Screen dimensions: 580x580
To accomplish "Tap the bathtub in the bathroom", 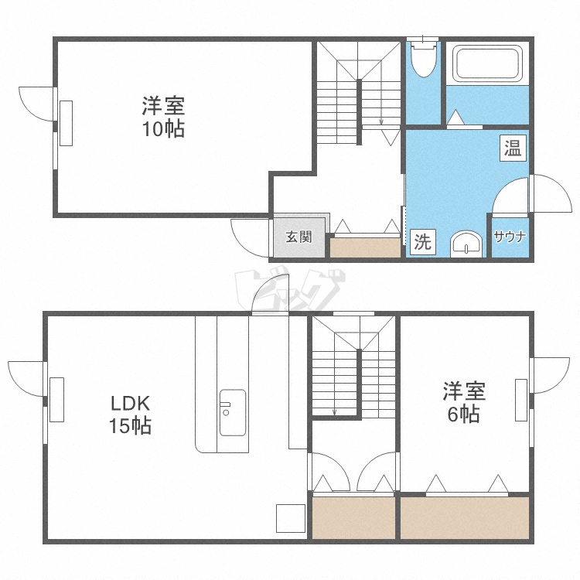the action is coord(488,63).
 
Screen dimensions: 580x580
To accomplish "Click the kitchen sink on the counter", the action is coord(232,412).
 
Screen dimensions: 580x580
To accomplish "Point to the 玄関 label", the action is coord(299,237).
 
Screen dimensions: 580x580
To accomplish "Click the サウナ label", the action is coord(510,237).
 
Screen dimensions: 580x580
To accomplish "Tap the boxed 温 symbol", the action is coord(513,148).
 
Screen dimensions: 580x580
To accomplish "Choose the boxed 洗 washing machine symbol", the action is coord(422,242).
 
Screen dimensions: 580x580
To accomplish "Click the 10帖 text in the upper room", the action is coord(163,129).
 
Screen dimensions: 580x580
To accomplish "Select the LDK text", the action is coord(131,404).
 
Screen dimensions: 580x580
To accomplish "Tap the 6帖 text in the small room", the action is coord(463,415).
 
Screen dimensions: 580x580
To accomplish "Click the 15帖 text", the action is coord(130,425).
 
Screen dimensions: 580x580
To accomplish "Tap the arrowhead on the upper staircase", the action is coord(381,121).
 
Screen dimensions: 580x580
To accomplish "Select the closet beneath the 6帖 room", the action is coord(465,518).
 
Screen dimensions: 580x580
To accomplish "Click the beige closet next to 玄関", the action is coord(365,247).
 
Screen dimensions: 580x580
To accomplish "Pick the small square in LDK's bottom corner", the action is coord(291,518).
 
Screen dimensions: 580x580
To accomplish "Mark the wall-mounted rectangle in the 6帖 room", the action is coord(521,400).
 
